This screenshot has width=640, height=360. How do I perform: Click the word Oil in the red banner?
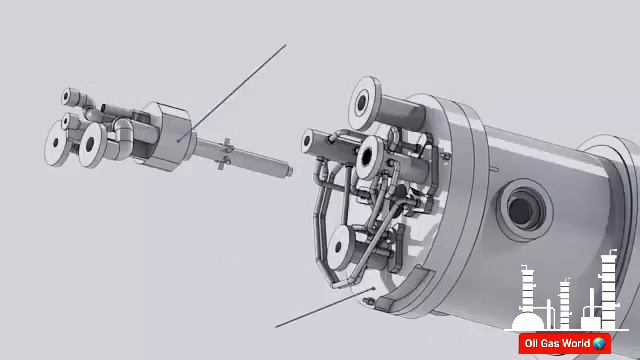[532, 344]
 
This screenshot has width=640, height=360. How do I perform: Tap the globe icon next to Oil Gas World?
[599, 344]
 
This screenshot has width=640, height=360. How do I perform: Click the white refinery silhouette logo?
[565, 300]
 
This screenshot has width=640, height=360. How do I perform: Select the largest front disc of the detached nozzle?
[93, 145]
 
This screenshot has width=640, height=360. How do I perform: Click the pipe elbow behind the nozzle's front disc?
[124, 135]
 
